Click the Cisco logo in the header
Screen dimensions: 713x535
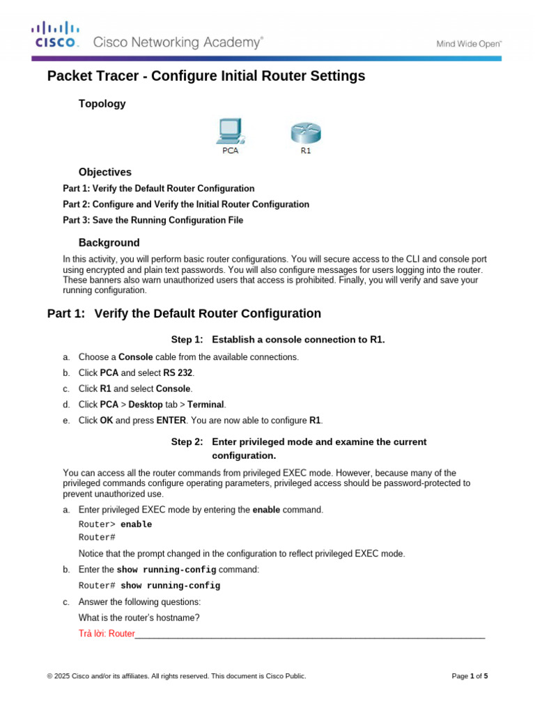pos(55,34)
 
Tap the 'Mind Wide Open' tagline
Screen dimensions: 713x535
pos(468,43)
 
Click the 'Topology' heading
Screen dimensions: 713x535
pos(102,104)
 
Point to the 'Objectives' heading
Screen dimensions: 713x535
pos(104,172)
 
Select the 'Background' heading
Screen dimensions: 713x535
pos(109,243)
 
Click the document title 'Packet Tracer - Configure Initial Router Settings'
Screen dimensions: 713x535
pos(206,77)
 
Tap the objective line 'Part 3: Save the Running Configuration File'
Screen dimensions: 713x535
pos(153,221)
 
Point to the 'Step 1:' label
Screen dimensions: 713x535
pos(187,340)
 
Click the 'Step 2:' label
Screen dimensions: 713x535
pos(187,442)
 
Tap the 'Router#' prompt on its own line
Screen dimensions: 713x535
pos(97,538)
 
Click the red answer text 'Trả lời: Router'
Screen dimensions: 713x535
pos(107,634)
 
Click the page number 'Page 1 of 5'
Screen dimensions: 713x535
pos(470,676)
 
